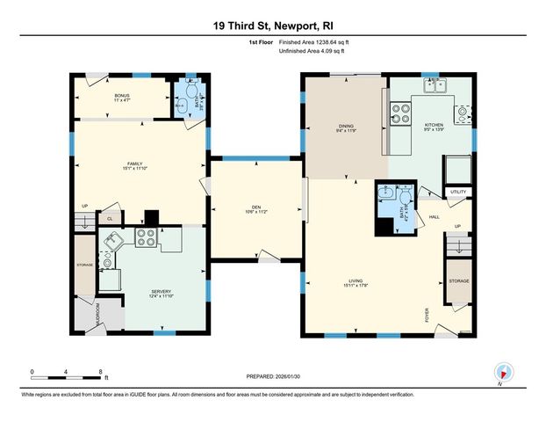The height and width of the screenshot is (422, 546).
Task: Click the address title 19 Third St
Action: click(x=272, y=26)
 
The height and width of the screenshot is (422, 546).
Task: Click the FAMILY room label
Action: click(x=135, y=163)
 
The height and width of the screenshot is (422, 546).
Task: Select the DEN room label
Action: click(x=255, y=207)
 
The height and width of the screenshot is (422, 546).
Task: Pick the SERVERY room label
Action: click(x=160, y=291)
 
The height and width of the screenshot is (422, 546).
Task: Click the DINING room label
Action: click(x=346, y=127)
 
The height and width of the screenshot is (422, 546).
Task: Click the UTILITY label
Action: click(x=458, y=191)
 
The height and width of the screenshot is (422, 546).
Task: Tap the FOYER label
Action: click(x=427, y=315)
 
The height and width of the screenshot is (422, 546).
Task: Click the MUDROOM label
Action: click(x=97, y=312)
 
